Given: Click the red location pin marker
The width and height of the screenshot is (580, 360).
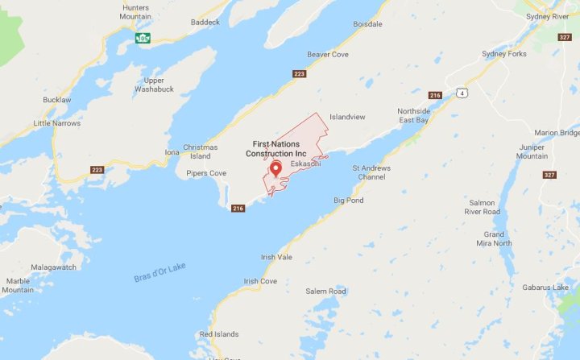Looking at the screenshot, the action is pyautogui.click(x=275, y=168).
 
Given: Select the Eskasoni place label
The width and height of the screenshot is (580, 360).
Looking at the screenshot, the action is pyautogui.click(x=306, y=163).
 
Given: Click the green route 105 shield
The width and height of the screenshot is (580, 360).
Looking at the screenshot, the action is pyautogui.click(x=143, y=38).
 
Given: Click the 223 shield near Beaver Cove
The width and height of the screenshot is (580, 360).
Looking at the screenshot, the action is pyautogui.click(x=299, y=74).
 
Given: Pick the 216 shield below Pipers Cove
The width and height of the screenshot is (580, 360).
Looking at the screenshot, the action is pyautogui.click(x=238, y=209).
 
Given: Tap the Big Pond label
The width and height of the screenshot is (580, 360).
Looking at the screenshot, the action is pyautogui.click(x=349, y=199).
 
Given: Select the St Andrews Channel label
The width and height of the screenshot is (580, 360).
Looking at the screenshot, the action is pyautogui.click(x=371, y=172).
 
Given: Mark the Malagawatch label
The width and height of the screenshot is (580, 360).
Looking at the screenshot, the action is pyautogui.click(x=53, y=267).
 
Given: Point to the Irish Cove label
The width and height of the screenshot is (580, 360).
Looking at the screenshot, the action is pyautogui.click(x=260, y=281).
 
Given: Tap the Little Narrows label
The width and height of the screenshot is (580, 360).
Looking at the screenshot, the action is pyautogui.click(x=57, y=123).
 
